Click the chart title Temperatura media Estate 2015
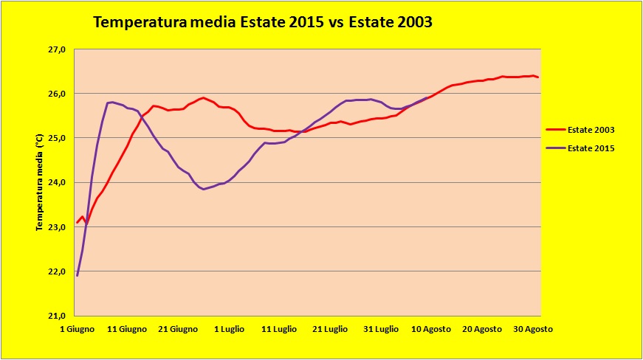click(x=262, y=23)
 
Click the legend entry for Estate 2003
click(x=591, y=130)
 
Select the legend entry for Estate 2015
click(x=591, y=148)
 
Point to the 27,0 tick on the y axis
click(x=58, y=49)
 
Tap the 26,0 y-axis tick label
click(x=58, y=94)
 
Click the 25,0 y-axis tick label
click(x=58, y=138)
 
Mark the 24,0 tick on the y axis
click(x=58, y=182)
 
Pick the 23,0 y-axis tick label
click(x=58, y=227)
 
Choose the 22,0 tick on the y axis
click(x=58, y=271)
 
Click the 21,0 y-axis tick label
click(x=58, y=316)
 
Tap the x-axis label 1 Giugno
click(x=77, y=328)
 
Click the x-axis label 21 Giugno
click(x=179, y=328)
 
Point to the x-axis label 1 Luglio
click(x=229, y=328)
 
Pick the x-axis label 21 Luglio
click(x=330, y=328)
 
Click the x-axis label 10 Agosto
click(x=432, y=328)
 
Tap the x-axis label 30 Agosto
click(x=533, y=328)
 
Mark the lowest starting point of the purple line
click(x=77, y=275)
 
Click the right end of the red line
click(x=538, y=77)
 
